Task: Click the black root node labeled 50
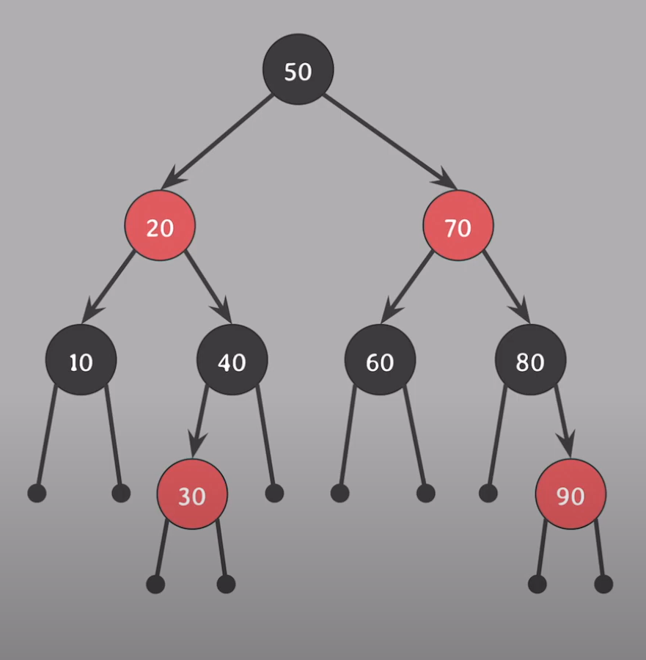(298, 70)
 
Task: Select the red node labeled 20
(160, 227)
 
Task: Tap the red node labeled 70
(458, 227)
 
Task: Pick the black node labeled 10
(81, 361)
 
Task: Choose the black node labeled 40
(232, 361)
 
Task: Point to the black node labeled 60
(380, 361)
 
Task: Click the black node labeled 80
(530, 361)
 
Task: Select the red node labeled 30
(192, 495)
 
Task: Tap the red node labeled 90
(570, 495)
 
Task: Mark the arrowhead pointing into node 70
(444, 177)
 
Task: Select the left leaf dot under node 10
(37, 493)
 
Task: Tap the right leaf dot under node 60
(425, 493)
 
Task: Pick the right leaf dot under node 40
(274, 493)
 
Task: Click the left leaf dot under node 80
(488, 493)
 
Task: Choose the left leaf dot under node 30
(155, 584)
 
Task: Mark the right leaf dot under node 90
(603, 584)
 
